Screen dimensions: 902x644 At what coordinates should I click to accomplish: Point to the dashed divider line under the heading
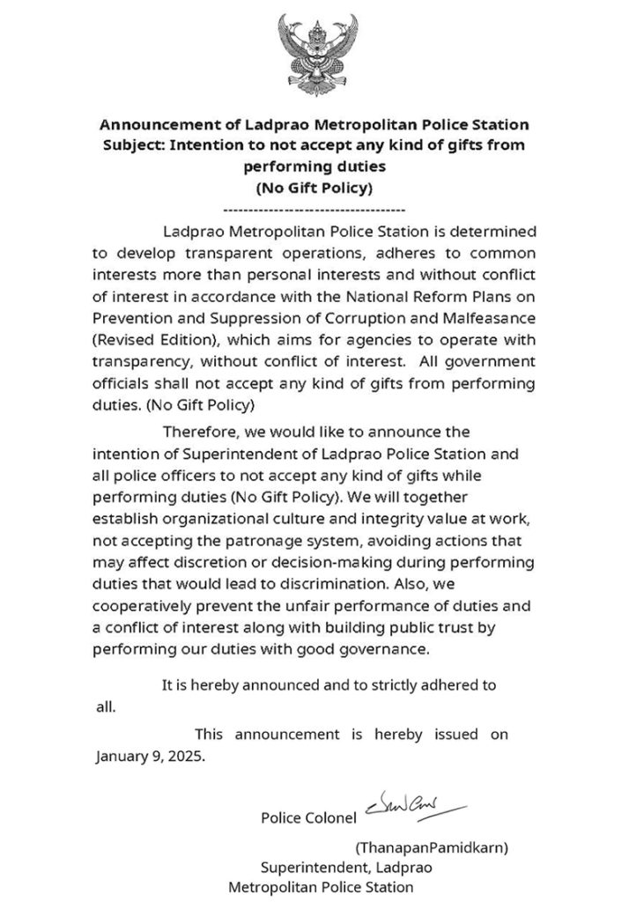[315, 210]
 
